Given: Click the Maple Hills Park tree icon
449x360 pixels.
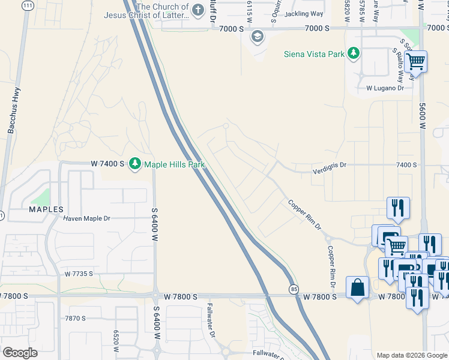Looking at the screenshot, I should point(135,164).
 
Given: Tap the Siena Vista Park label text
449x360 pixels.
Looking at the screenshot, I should point(314,54).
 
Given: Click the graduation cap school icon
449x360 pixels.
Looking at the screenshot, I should point(258,36).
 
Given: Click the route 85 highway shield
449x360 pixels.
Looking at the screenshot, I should point(292,289).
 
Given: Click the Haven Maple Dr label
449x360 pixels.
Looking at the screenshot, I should point(86,218).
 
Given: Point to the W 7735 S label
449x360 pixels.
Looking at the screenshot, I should point(79,274).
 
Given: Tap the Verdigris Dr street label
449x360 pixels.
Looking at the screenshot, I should point(329,171).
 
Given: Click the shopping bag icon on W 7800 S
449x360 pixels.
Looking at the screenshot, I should point(358,286).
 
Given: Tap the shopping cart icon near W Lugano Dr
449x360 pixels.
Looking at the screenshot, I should point(415,61).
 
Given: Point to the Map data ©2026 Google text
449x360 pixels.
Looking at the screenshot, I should point(412,355).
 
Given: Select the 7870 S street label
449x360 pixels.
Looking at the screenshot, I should point(76,318).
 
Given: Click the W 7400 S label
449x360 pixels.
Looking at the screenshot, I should point(107,163).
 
